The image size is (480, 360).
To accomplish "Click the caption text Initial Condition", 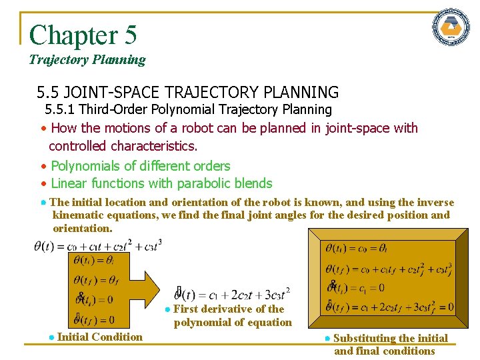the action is pyautogui.click(x=100, y=337).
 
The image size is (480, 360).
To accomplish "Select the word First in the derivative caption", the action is pyautogui.click(x=187, y=309).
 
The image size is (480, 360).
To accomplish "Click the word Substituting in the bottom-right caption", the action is pyautogui.click(x=366, y=338).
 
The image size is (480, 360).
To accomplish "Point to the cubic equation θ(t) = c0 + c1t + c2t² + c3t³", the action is pyautogui.click(x=97, y=245).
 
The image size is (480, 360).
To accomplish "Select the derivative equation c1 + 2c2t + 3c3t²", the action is pyautogui.click(x=233, y=294).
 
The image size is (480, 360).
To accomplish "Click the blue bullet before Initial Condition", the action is pyautogui.click(x=51, y=337).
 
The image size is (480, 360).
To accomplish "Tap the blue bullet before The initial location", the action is pyautogui.click(x=43, y=203).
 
